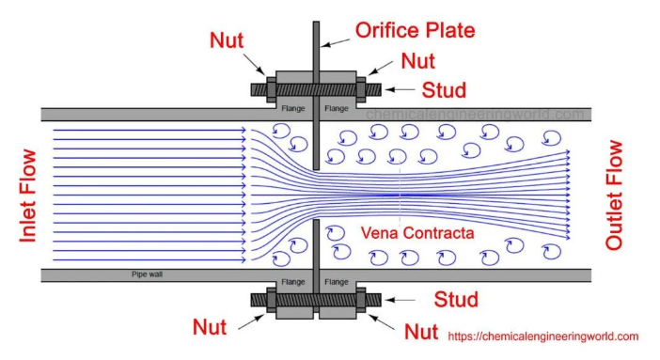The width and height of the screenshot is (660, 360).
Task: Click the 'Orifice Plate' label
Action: tap(415, 30)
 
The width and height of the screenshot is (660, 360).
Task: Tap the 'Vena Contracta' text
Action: tap(417, 233)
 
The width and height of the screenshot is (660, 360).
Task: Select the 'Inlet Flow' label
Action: tap(28, 196)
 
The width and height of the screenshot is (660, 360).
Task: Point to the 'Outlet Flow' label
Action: tap(614, 195)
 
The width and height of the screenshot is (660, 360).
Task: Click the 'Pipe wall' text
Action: tap(147, 274)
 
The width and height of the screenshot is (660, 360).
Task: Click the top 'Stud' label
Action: tap(444, 90)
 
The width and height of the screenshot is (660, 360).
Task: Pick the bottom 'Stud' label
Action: tap(456, 299)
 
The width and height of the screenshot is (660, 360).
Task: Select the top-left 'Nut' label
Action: tap(227, 40)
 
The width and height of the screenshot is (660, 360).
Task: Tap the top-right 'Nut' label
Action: tap(417, 61)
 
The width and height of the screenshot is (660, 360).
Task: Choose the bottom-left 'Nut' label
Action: tap(210, 327)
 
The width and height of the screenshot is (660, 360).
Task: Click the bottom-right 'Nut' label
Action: tap(421, 332)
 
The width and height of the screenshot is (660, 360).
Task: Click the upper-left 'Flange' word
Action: tap(293, 109)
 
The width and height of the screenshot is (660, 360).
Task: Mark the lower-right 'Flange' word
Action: tap(337, 282)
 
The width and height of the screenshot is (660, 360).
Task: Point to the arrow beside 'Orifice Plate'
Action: tap(336, 42)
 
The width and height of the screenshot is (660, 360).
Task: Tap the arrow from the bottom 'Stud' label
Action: tap(400, 300)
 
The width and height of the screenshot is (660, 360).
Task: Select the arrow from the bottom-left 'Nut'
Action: tap(251, 321)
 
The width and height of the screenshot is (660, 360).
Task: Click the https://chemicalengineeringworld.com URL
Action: tap(543, 337)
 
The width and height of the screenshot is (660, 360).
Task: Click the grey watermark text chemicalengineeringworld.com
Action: tap(475, 114)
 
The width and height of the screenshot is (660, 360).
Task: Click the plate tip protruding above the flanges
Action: tap(316, 46)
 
